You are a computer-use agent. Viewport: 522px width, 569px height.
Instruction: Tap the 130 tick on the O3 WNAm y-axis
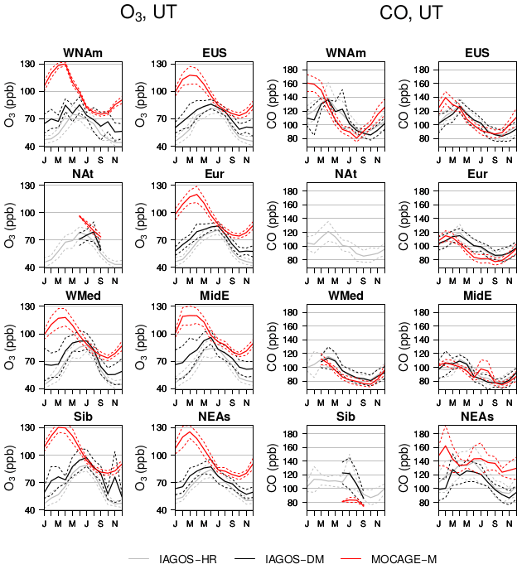coord(30,64)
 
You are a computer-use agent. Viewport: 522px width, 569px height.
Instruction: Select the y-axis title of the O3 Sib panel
coord(9,468)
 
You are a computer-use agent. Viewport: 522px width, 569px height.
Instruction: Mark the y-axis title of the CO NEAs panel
coord(390,468)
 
